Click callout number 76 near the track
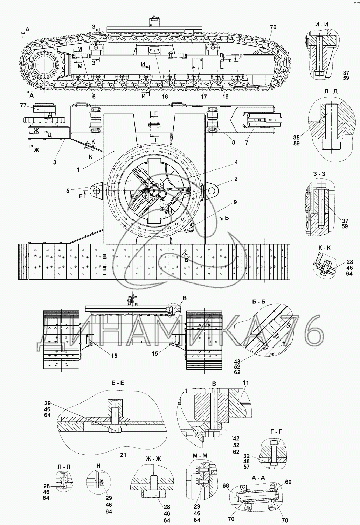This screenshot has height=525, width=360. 273,27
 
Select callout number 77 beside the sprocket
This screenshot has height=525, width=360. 23,105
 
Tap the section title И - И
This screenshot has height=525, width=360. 321,24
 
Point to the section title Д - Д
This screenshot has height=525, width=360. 331,92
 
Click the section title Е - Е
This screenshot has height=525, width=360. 118,383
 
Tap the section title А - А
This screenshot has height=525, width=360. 258,477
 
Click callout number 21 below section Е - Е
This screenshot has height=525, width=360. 123,455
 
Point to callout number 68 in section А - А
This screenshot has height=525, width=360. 226,485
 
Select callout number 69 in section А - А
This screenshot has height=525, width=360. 288,482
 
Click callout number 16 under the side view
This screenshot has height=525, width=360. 165,97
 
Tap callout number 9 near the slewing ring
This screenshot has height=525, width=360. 235,202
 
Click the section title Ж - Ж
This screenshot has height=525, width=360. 154,458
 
